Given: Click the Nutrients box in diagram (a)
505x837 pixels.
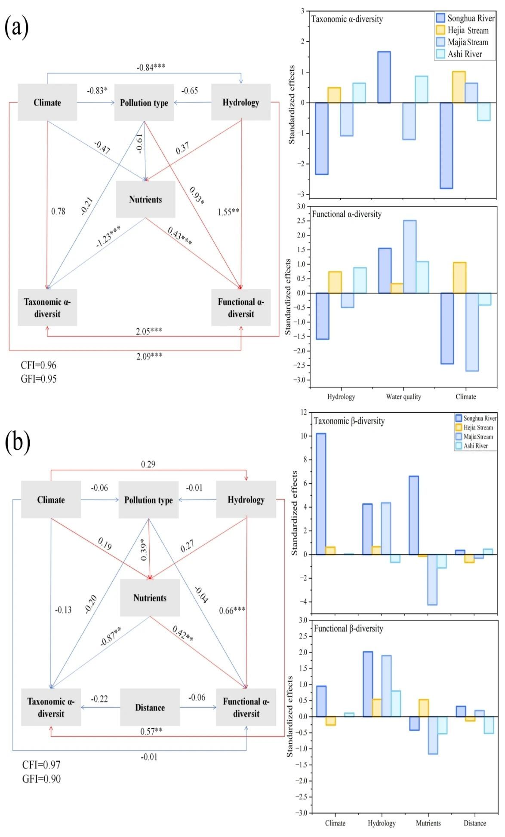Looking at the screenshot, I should click(145, 199).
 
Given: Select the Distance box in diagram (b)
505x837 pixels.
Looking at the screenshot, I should click(150, 707).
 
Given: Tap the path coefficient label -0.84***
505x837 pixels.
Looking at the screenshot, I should click(151, 67).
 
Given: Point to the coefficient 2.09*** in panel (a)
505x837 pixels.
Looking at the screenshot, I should click(149, 356).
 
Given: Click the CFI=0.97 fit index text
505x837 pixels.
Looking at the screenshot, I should click(41, 765).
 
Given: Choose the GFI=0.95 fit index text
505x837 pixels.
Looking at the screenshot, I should click(39, 379).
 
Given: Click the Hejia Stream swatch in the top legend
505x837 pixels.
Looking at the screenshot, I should click(440, 30).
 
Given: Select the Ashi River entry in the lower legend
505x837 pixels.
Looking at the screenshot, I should click(475, 446).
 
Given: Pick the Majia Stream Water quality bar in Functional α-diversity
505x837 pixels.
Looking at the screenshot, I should click(410, 257).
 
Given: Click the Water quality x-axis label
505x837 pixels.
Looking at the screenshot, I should click(403, 397).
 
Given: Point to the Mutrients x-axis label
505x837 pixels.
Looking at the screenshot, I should click(428, 823).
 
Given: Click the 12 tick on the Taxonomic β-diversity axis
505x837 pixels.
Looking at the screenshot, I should click(304, 412).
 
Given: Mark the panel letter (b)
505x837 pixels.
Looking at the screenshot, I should click(17, 442).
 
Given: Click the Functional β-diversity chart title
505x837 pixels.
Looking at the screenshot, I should click(348, 629).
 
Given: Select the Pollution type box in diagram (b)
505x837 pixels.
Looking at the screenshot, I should click(148, 500).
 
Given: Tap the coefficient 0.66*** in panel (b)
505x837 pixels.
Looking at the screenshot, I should click(232, 610).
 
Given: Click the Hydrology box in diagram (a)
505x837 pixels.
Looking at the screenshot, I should click(241, 102).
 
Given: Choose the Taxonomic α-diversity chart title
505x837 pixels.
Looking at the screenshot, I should click(347, 19).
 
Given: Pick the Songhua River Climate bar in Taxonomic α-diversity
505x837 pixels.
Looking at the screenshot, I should click(446, 145).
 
